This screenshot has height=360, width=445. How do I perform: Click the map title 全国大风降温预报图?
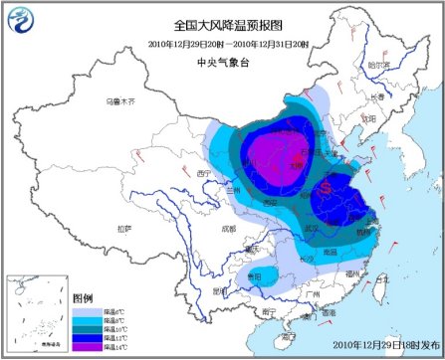(x=222, y=22)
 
